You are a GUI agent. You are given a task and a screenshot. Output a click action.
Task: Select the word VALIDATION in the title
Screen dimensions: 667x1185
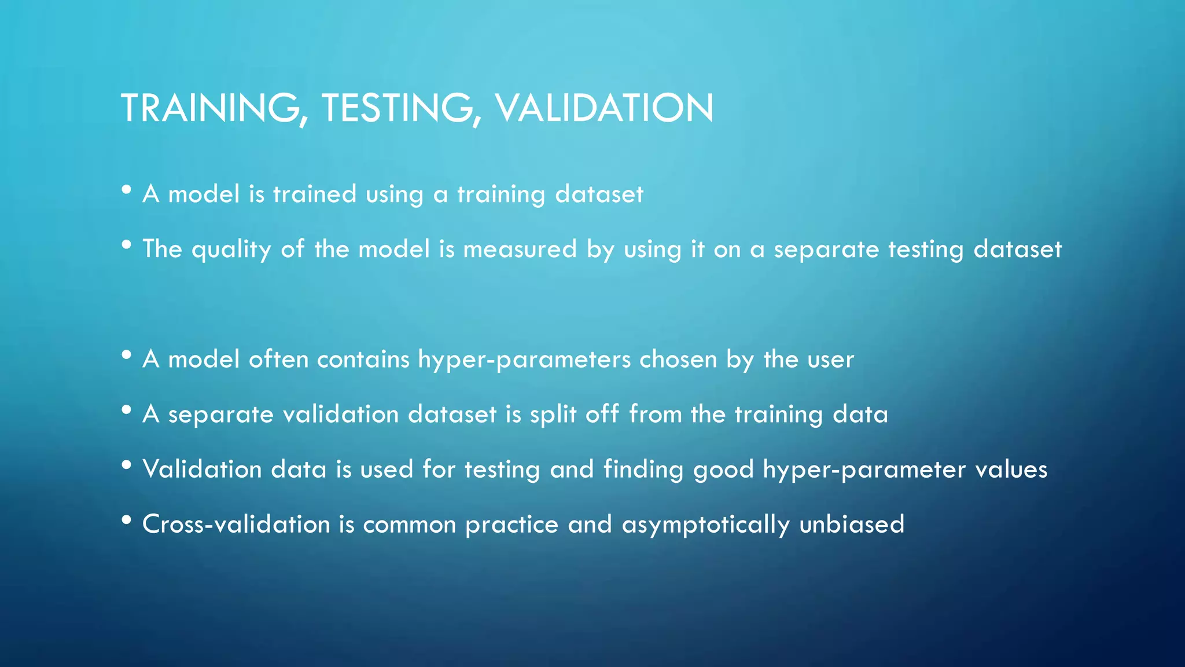click(x=604, y=108)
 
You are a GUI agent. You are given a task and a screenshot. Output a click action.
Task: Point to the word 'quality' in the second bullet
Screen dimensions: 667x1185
click(x=231, y=250)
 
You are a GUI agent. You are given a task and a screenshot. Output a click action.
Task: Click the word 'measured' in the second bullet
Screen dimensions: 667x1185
click(x=520, y=249)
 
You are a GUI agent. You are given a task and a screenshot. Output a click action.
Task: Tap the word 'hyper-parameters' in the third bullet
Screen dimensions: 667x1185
click(x=524, y=360)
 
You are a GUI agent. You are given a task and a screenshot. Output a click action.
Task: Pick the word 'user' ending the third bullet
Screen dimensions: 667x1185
click(x=830, y=360)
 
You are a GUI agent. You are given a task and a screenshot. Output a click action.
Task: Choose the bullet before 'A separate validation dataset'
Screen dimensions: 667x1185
click(x=127, y=410)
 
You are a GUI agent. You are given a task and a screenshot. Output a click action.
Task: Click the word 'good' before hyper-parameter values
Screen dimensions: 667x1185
click(x=723, y=470)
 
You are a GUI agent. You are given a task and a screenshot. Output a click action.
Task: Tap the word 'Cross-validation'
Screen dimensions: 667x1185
click(x=236, y=524)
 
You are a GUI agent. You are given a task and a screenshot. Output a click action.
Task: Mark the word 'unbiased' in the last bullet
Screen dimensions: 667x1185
click(x=851, y=524)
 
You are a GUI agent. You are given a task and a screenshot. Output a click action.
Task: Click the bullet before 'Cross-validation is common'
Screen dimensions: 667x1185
click(x=127, y=520)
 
